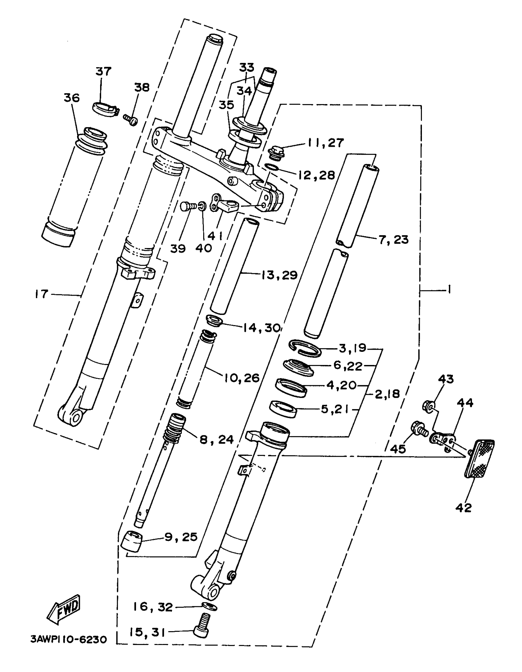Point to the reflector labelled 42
[x=479, y=458]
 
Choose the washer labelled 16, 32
[x=210, y=607]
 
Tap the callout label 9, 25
[x=181, y=537]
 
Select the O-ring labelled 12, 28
[x=272, y=167]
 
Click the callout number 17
[x=41, y=294]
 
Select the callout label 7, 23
[x=394, y=239]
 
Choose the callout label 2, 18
[x=387, y=394]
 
